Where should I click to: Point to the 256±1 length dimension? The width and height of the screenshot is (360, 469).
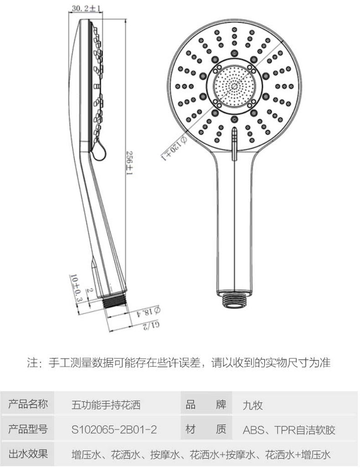(129, 165)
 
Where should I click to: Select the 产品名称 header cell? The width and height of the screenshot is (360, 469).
(28, 404)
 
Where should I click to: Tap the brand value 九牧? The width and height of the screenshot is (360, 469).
(253, 405)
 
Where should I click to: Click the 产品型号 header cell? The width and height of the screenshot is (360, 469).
(28, 429)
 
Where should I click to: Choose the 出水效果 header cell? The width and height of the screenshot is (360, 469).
(28, 454)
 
